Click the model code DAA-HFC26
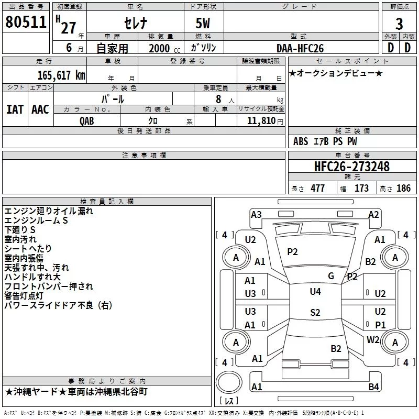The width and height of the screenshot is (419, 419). pyautogui.click(x=300, y=48)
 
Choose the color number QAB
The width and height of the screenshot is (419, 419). pyautogui.click(x=87, y=120)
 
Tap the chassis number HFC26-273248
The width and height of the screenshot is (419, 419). pyautogui.click(x=352, y=167)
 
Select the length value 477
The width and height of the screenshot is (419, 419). pyautogui.click(x=317, y=189)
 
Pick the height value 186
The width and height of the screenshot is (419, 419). pyautogui.click(x=403, y=189)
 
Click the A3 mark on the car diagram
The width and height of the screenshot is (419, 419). pyautogui.click(x=256, y=214)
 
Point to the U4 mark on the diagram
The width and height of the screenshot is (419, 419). pyautogui.click(x=315, y=291)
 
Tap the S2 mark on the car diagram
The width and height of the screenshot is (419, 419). pyautogui.click(x=315, y=313)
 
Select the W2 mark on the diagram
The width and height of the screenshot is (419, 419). pyautogui.click(x=373, y=339)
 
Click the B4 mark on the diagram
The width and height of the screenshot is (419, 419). pyautogui.click(x=373, y=387)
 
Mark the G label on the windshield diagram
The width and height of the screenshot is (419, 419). pyautogui.click(x=330, y=275)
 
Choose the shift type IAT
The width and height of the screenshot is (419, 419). pyautogui.click(x=15, y=109)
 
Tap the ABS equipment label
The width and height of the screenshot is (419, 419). pyautogui.click(x=301, y=141)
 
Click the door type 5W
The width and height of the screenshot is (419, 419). pyautogui.click(x=204, y=23)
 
